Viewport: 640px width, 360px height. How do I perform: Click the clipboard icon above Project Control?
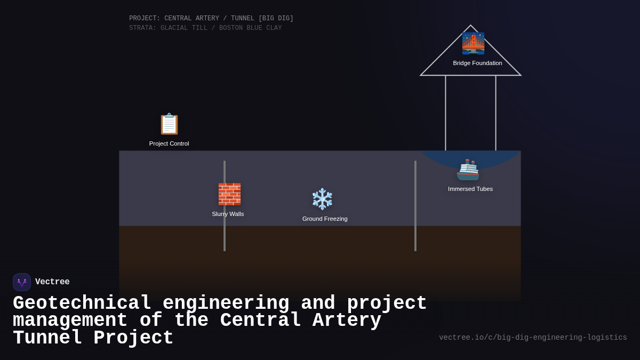[x=169, y=124]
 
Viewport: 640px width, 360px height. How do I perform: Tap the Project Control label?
[x=169, y=143]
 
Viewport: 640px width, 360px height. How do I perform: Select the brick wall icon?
[x=229, y=194]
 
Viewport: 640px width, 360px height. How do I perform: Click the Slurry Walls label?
[x=228, y=214]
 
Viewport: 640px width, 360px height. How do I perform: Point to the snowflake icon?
[x=322, y=199]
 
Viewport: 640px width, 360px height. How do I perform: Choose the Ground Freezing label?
[x=325, y=219]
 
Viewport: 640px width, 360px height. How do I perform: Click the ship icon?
[x=468, y=170]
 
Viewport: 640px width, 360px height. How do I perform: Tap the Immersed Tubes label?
[x=470, y=189]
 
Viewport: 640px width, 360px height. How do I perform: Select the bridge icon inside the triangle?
[x=473, y=43]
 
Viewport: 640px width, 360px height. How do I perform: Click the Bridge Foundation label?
[x=477, y=63]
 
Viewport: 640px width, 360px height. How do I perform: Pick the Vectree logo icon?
[x=22, y=282]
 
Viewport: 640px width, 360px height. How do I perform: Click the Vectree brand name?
[x=52, y=282]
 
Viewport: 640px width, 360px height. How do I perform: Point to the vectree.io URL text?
[x=533, y=338]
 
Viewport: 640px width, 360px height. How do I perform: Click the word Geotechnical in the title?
[x=82, y=303]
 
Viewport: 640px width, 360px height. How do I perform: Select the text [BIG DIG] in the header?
[x=276, y=19]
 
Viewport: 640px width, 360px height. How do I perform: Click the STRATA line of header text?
[x=205, y=28]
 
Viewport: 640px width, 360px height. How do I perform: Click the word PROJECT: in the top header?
[x=145, y=19]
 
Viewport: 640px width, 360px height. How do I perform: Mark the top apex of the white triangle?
[x=470, y=26]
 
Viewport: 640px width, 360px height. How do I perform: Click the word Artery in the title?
[x=347, y=321]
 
